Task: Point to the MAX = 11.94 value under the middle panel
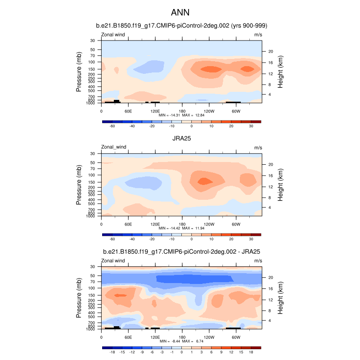(194, 228)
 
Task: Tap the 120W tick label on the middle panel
(209, 224)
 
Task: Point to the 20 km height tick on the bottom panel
(265, 278)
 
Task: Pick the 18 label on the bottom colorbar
(251, 353)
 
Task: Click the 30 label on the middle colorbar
(251, 239)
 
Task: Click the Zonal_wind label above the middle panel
(114, 147)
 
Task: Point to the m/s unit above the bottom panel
(258, 261)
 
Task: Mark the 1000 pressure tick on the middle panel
(91, 216)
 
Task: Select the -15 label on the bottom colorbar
(121, 353)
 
